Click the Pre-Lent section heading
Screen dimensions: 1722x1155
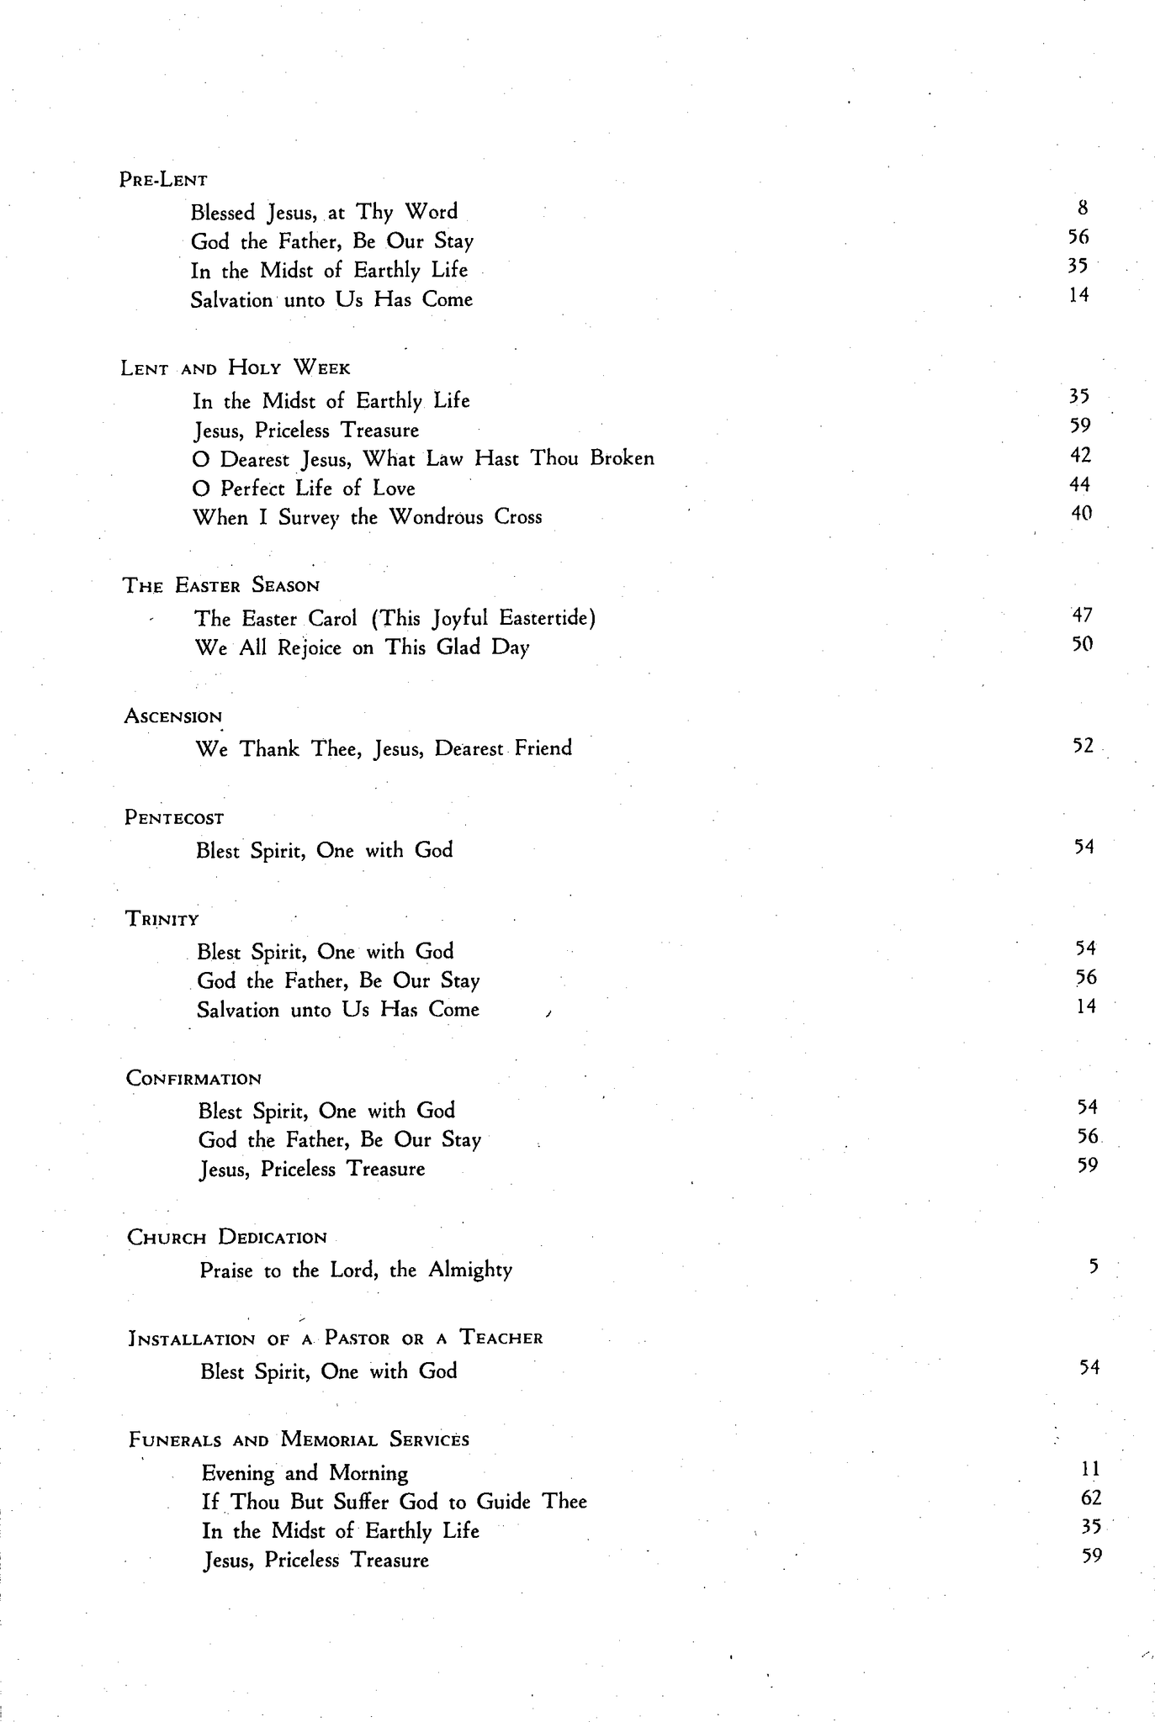163,179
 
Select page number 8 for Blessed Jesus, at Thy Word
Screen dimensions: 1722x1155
1083,208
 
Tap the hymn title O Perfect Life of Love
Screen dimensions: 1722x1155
304,489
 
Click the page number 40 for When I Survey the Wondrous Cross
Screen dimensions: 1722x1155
1081,513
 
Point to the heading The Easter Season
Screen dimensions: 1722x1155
221,585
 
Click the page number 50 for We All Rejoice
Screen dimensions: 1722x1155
1082,645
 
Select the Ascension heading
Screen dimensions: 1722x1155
173,716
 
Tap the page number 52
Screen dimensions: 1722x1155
1083,746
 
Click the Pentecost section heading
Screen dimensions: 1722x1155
174,817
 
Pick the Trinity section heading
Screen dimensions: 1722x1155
162,918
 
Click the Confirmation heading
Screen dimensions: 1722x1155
193,1079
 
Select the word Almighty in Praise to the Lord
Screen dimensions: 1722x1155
470,1270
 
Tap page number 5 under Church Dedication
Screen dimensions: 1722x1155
1093,1266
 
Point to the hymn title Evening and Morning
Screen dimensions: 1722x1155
305,1473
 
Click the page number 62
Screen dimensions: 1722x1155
1090,1498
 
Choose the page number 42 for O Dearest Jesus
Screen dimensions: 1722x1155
1081,455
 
